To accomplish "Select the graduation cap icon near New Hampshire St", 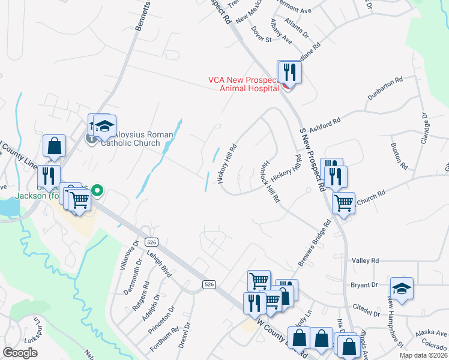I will coord(402,289).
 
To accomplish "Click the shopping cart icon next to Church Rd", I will coord(344,203).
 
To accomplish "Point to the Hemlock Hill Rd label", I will coord(270,181).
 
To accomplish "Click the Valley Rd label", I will coord(366,261).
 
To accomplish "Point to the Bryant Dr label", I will coord(366,285).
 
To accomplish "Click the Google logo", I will coord(20,353).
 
